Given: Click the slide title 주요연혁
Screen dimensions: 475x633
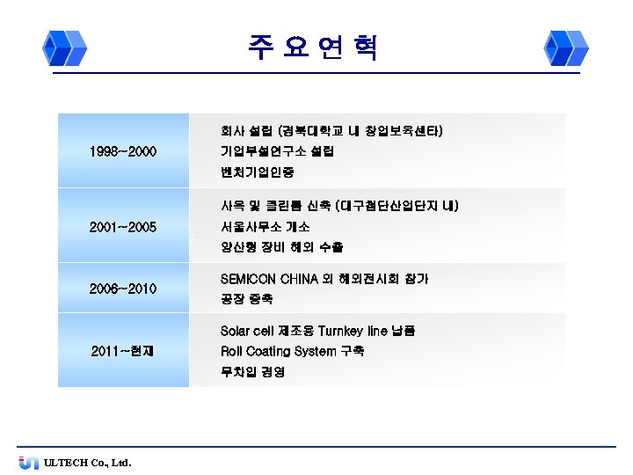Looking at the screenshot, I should (x=313, y=47).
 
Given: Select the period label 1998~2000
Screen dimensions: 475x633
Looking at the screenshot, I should (x=123, y=152).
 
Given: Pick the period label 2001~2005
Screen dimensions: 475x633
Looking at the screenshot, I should (x=123, y=227).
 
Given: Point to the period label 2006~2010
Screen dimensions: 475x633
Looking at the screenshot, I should (x=123, y=289).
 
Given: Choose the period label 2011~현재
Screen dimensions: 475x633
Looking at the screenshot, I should (x=123, y=352).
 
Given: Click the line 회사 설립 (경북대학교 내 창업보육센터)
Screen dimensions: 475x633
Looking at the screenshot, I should (x=331, y=131).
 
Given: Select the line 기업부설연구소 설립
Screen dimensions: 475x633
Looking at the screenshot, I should (x=277, y=151).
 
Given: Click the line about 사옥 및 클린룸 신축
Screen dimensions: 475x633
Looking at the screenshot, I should (x=339, y=206).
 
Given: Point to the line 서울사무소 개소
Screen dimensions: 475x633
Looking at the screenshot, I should (x=265, y=226).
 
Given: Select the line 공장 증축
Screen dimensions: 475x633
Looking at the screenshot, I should (x=246, y=300).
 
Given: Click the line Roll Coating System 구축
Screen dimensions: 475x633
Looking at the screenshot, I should (x=292, y=351).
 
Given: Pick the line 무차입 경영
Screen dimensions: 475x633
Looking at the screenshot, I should (x=252, y=372).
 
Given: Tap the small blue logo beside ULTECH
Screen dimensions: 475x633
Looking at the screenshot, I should (x=28, y=463).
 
